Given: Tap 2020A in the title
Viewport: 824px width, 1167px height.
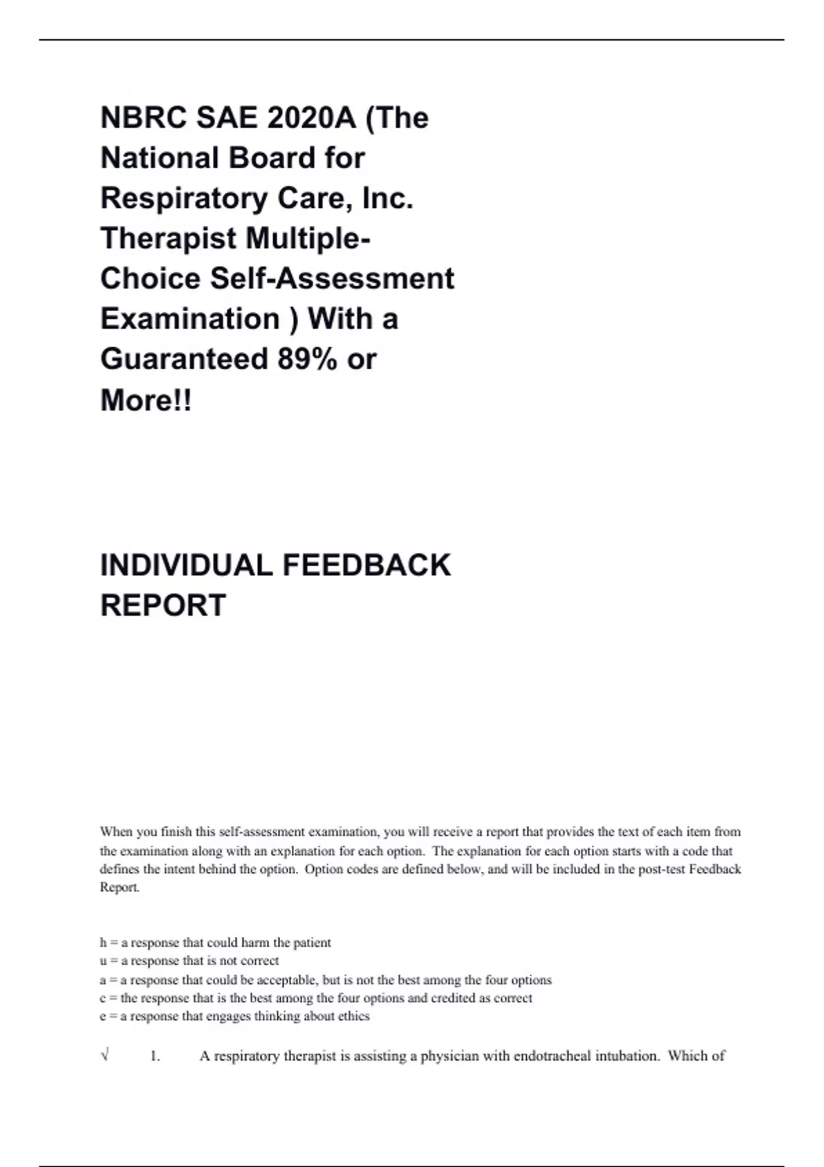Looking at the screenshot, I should pyautogui.click(x=312, y=118).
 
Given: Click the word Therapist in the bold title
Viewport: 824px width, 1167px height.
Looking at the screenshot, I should pyautogui.click(x=168, y=238).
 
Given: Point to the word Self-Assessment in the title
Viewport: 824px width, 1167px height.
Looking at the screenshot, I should pyautogui.click(x=332, y=279).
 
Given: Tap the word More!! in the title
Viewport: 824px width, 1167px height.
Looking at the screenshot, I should pyautogui.click(x=146, y=400).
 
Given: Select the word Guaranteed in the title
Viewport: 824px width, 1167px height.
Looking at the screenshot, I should pyautogui.click(x=184, y=359).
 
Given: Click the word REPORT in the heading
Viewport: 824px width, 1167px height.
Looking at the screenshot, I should pyautogui.click(x=163, y=605).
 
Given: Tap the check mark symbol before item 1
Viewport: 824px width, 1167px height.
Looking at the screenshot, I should pyautogui.click(x=104, y=1055).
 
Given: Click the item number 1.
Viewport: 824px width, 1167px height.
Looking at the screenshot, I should pyautogui.click(x=154, y=1056).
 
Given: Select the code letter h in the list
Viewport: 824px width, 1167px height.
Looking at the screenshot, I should pyautogui.click(x=103, y=943).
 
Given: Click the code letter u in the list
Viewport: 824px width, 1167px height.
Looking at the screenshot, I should pyautogui.click(x=103, y=961).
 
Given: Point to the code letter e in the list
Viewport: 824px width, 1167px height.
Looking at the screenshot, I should pyautogui.click(x=103, y=1017).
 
